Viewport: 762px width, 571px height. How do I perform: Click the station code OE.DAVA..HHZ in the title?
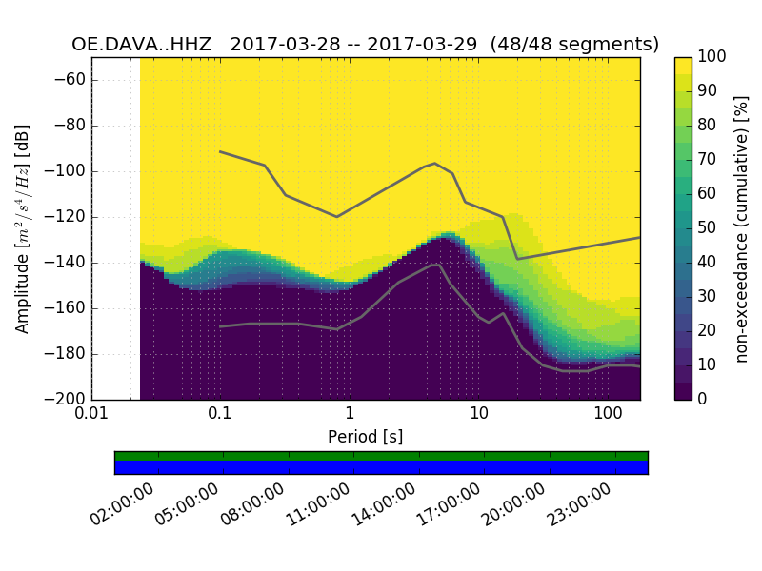pyautogui.click(x=143, y=44)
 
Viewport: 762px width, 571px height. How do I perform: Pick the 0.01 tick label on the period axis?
pyautogui.click(x=90, y=414)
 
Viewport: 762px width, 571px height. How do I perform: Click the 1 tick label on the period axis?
pyautogui.click(x=350, y=414)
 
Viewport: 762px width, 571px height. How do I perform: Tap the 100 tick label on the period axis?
pyautogui.click(x=608, y=414)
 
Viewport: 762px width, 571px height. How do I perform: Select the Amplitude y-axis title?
pyautogui.click(x=23, y=228)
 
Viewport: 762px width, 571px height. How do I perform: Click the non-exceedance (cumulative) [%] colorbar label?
pyautogui.click(x=743, y=228)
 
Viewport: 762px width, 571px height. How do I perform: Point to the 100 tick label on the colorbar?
pyautogui.click(x=712, y=57)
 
